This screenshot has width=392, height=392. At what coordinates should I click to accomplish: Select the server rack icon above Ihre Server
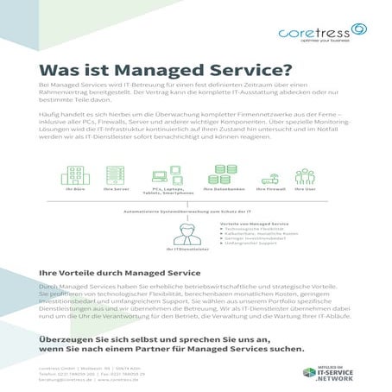[x=110, y=175]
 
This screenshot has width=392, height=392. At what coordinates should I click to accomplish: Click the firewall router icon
[x=270, y=177]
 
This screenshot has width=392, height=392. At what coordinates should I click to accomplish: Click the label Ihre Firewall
[x=271, y=188]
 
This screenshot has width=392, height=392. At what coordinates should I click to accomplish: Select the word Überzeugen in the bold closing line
[x=70, y=338]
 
